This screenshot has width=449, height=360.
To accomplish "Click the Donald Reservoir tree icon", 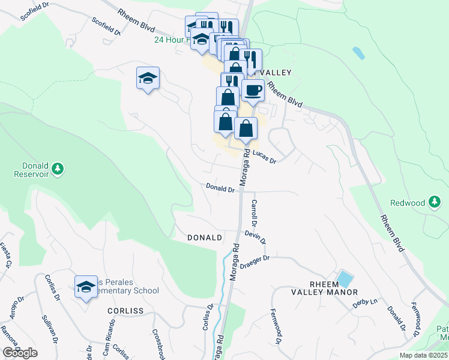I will (x=58, y=169).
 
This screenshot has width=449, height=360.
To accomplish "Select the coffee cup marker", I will (x=253, y=91).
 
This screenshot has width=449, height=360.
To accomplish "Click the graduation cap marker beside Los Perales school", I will (x=86, y=287).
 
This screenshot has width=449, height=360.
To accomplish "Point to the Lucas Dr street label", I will (x=264, y=157).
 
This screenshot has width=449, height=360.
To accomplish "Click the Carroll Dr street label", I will (x=254, y=212).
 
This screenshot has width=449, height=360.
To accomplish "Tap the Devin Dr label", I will (x=255, y=237).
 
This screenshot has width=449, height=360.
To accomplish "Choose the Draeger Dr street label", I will (x=256, y=262).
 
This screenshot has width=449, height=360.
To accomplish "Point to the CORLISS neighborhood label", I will (x=125, y=311).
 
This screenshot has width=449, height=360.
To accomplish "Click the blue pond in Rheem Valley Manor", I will (x=345, y=279).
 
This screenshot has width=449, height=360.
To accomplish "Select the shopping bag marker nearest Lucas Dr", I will (x=246, y=128).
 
